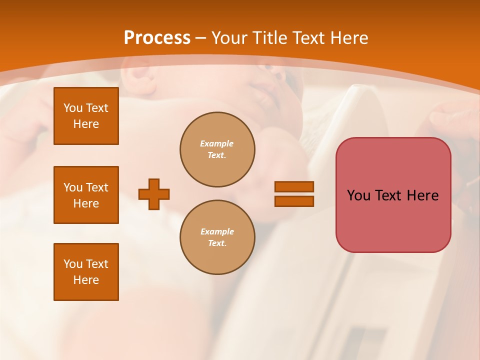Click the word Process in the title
[157, 38]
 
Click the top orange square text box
[86, 116]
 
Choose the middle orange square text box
[86, 195]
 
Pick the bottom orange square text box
[86, 272]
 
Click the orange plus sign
[154, 194]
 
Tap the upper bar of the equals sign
[294, 186]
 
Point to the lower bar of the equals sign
[294, 201]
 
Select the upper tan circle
[217, 149]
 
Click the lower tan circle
[217, 237]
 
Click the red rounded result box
[393, 195]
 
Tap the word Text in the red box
[389, 195]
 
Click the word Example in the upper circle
[217, 143]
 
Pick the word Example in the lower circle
[217, 231]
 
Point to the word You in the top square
[72, 108]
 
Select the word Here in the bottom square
[86, 280]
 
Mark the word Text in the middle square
[97, 187]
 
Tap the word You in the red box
[358, 195]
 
